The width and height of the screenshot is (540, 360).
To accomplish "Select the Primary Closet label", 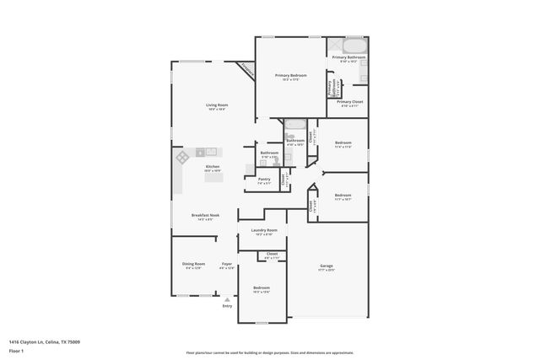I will click(x=350, y=103).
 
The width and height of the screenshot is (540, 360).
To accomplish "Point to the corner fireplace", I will click(x=246, y=72).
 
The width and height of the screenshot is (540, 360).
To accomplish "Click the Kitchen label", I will click(x=213, y=168).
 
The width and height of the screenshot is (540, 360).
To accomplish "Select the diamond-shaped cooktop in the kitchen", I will click(x=181, y=158).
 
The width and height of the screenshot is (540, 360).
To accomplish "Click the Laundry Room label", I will click(x=264, y=231).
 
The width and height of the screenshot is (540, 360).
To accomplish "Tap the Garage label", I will click(x=326, y=267).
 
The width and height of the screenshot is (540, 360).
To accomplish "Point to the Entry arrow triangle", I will click(x=226, y=298).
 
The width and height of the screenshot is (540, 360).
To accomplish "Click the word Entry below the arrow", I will click(x=226, y=306).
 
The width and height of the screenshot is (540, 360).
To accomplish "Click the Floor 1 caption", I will click(x=16, y=351).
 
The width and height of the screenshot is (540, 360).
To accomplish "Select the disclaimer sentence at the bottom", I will click(x=269, y=352).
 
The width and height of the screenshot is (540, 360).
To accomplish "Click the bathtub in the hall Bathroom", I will click(x=294, y=128).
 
